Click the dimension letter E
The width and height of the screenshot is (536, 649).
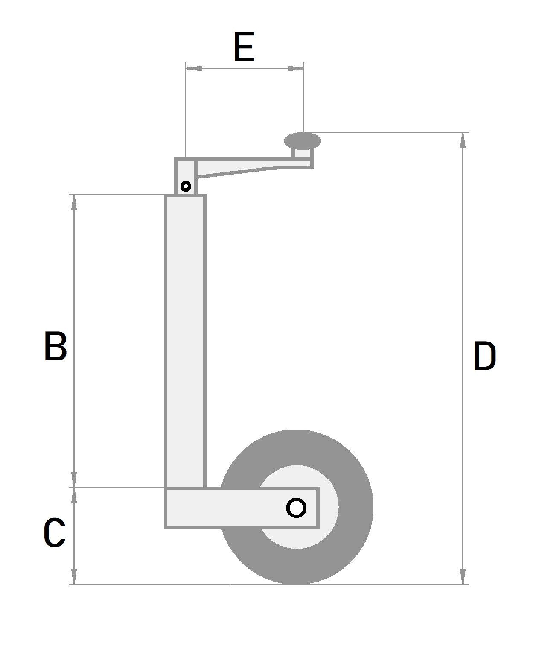tap(244, 47)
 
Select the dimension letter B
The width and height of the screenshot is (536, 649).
tap(55, 346)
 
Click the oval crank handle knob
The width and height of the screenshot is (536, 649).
tap(302, 140)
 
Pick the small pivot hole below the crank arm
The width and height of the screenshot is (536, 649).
tap(186, 187)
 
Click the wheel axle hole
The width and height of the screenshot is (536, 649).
tap(296, 508)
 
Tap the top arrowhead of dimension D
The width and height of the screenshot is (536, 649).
tap(463, 140)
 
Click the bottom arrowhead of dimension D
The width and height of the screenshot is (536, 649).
tap(463, 576)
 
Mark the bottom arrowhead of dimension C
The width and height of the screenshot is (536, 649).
tap(74, 576)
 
